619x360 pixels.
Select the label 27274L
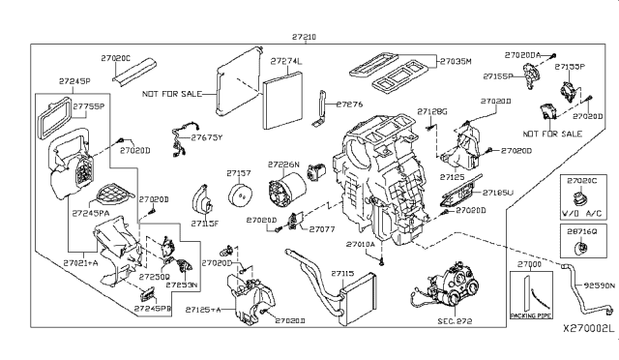(287, 62)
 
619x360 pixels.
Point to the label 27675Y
(206, 138)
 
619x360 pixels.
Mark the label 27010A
(387, 245)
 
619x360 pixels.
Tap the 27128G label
(432, 111)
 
